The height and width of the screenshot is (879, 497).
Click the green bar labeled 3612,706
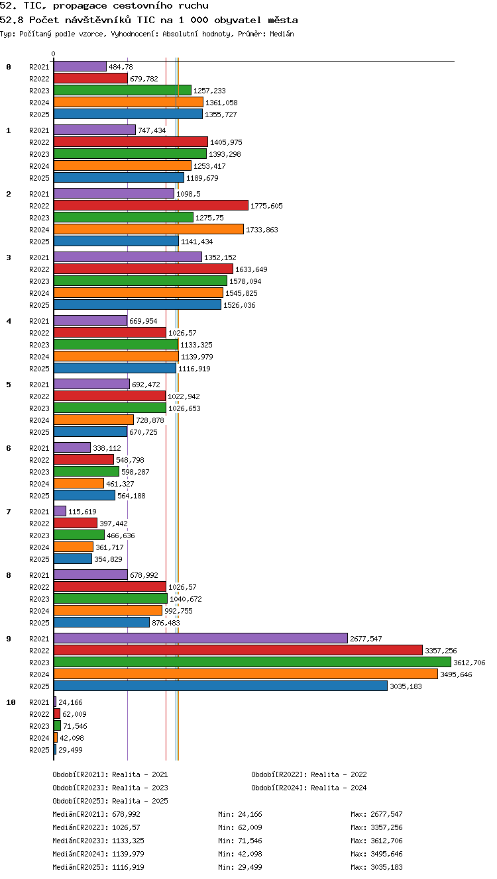(252, 663)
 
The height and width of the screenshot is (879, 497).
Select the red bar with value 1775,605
(151, 206)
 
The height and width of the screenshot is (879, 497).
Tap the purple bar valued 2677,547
(201, 639)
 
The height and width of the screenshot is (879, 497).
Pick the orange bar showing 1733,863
(148, 230)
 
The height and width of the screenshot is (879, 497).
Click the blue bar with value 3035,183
(221, 686)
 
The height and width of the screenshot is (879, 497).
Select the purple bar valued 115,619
(60, 511)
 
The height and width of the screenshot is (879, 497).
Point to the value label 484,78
(121, 67)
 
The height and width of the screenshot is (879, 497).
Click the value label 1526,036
(239, 305)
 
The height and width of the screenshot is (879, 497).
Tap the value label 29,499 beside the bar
(70, 750)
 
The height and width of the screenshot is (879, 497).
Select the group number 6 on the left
(9, 448)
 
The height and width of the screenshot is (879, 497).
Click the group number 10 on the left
(11, 702)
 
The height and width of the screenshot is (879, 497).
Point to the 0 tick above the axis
(54, 54)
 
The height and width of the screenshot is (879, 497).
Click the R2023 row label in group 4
(39, 345)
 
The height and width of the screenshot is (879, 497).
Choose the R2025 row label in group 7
(39, 559)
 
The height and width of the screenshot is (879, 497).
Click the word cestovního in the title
(142, 6)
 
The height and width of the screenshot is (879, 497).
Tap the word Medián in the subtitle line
(282, 34)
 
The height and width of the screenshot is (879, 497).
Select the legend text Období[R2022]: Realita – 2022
(309, 774)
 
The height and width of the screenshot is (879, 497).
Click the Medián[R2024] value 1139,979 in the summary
(128, 854)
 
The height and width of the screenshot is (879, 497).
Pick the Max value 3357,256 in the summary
(386, 827)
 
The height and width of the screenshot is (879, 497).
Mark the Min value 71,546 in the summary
(250, 841)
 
